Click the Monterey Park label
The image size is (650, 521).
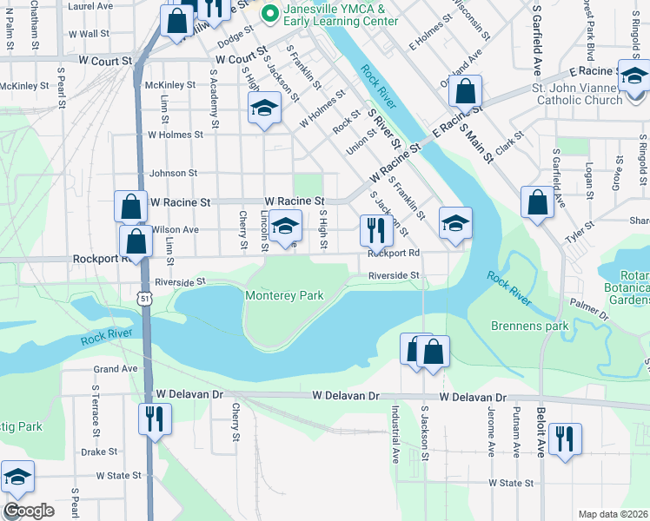coord(284,296)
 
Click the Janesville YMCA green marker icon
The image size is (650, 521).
coord(270,13)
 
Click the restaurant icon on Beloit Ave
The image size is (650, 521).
coord(565,439)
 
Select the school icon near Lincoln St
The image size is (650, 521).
coord(284,227)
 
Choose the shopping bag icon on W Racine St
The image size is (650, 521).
coord(130,207)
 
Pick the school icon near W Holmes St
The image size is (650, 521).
coord(264,109)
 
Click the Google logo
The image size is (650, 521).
coord(29,511)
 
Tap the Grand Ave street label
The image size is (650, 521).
coord(116,368)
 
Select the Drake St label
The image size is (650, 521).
coord(99,452)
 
